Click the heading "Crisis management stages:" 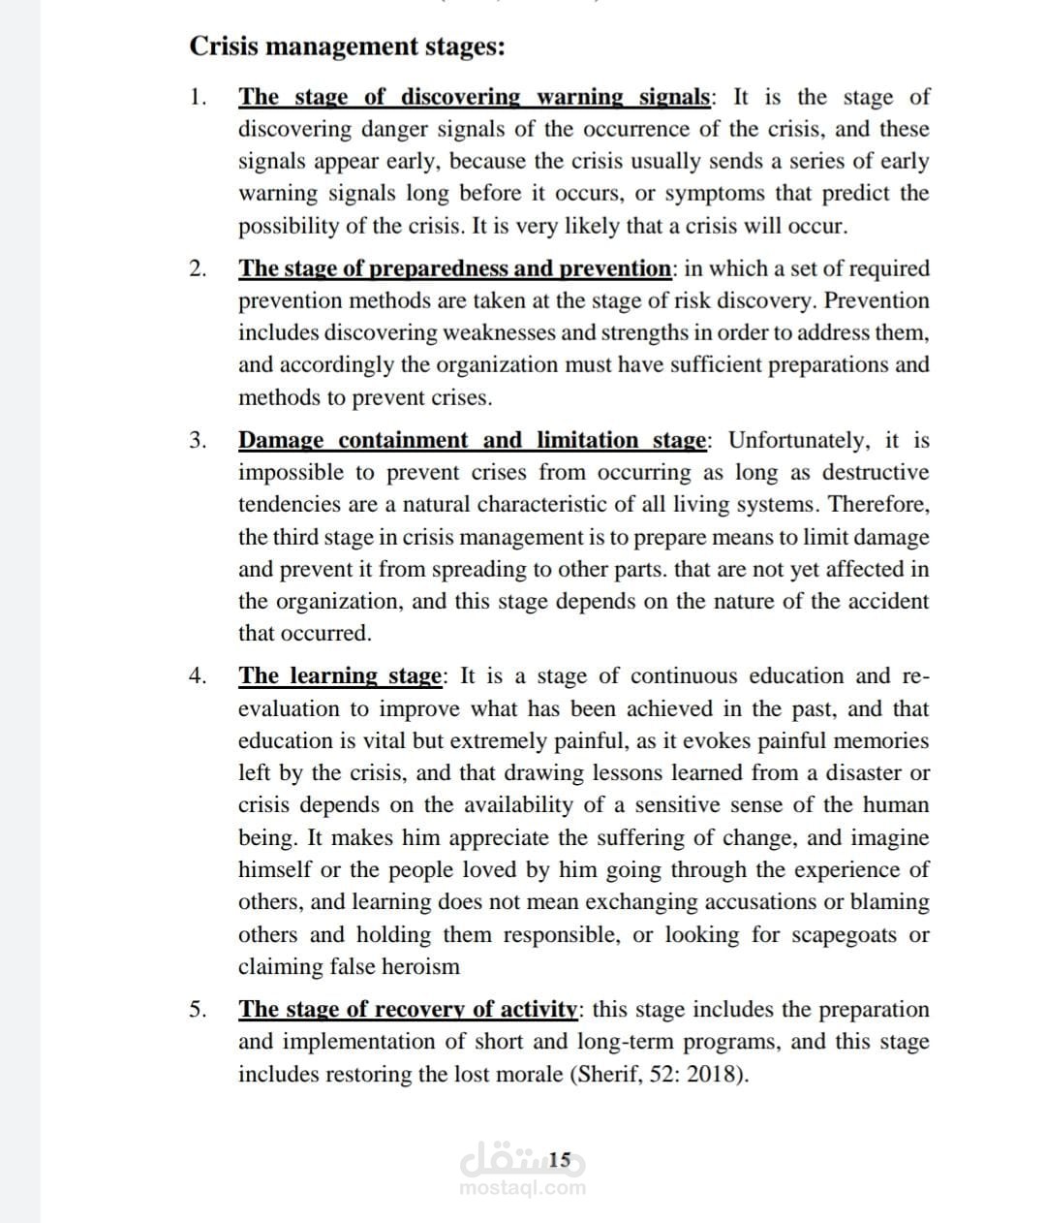coord(346,47)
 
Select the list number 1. coord(198,97)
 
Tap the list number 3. coord(198,441)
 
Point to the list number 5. coord(198,1010)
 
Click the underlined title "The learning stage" coord(340,676)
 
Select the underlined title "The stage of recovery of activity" coord(408,1010)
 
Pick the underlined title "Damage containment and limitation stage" coord(473,441)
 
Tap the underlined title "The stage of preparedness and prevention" coord(454,268)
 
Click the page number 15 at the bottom coord(560,1159)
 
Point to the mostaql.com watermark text coord(523,1188)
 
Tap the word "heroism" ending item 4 coord(420,967)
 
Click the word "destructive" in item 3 coord(875,473)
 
